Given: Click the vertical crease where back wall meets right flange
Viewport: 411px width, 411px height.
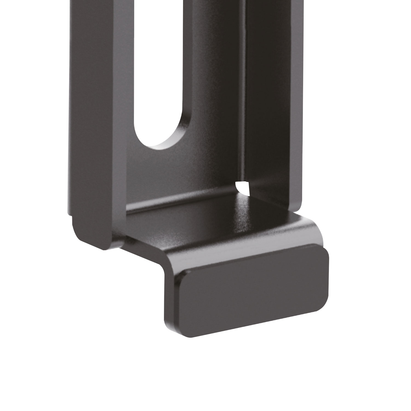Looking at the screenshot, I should click(x=244, y=96).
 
